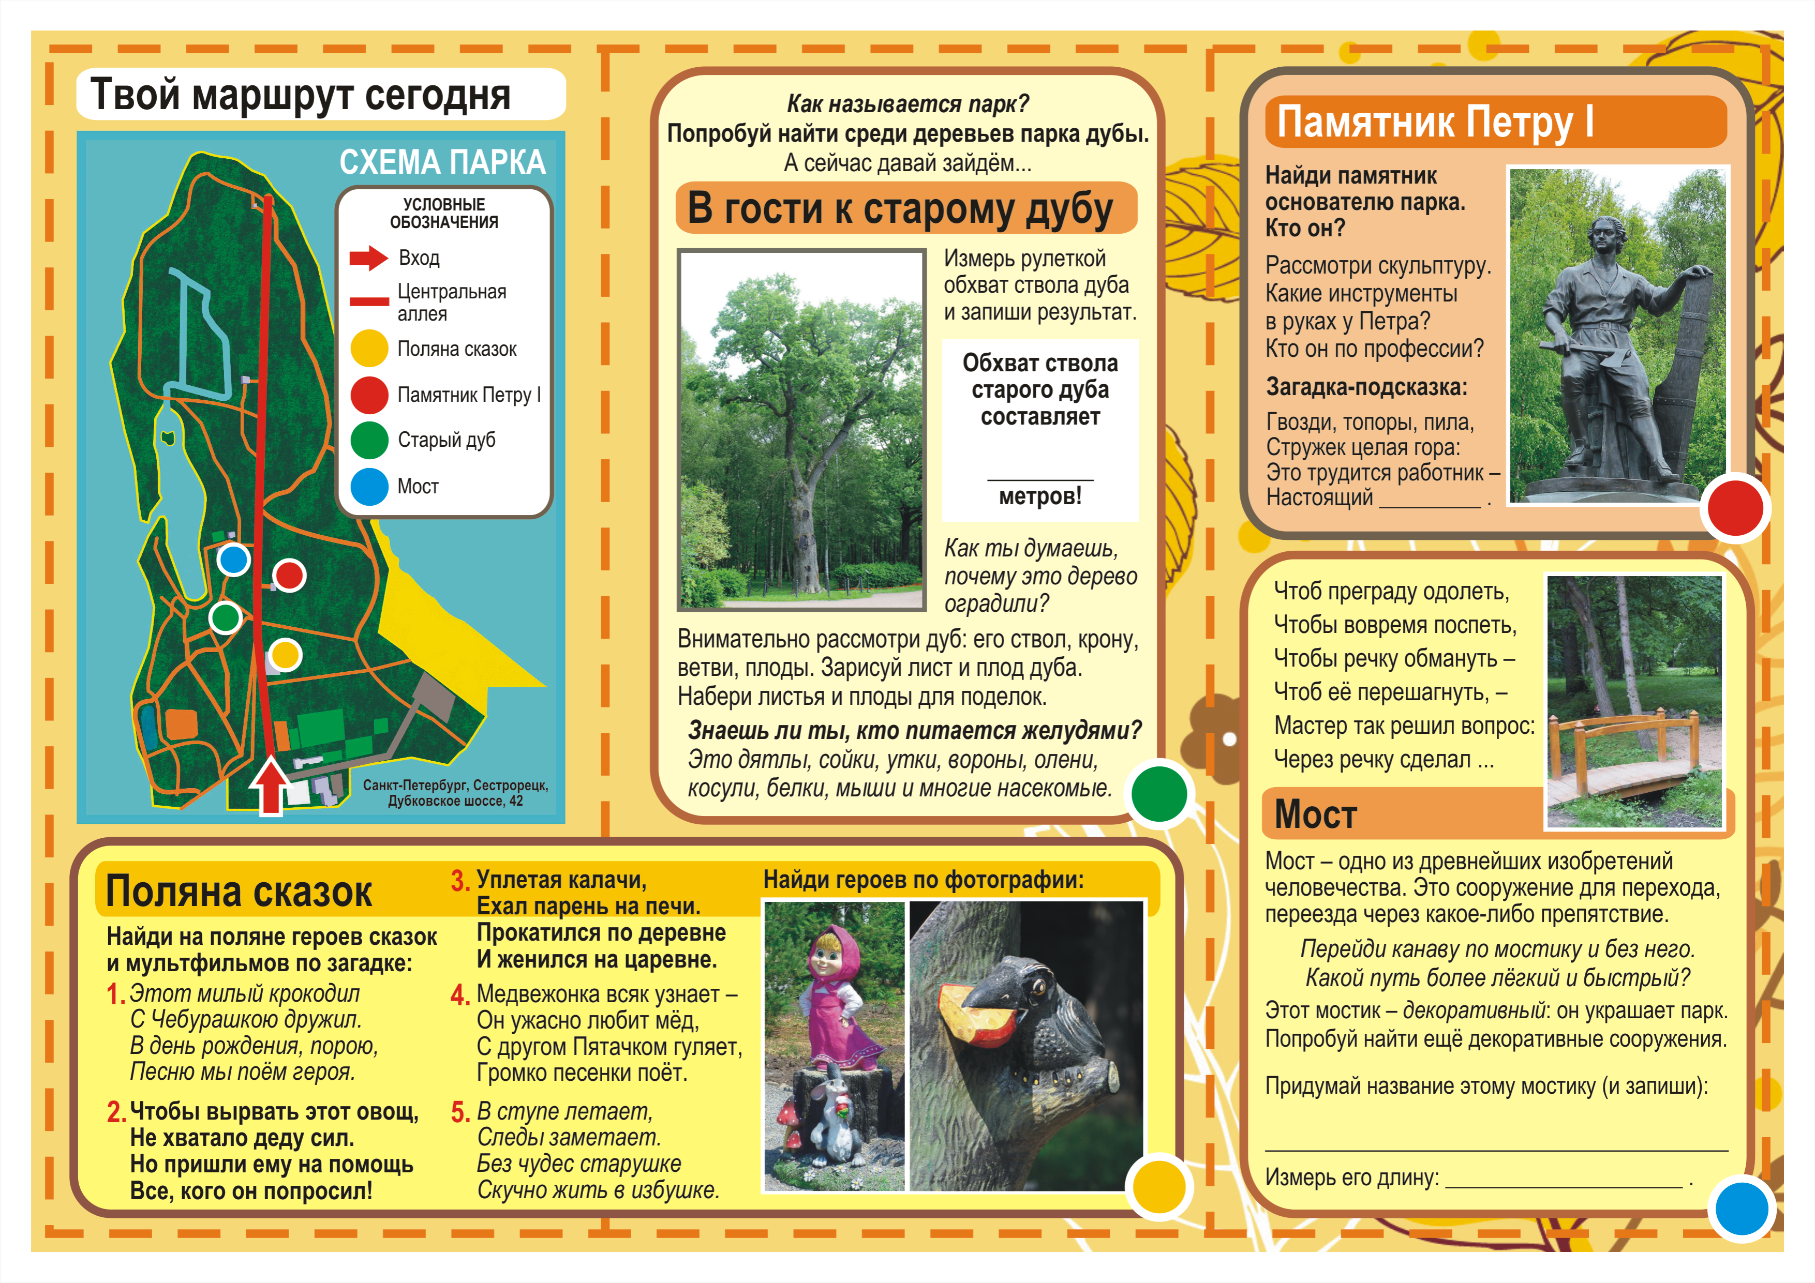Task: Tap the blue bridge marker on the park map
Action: point(233,560)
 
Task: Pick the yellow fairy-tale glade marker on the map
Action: point(286,654)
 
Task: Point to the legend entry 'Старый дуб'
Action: point(446,440)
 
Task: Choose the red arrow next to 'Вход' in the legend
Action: point(368,258)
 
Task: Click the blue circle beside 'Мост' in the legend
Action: point(369,487)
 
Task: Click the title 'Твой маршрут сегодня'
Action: point(301,95)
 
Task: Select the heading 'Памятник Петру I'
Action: point(1435,123)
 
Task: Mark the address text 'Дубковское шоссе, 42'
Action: point(455,801)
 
